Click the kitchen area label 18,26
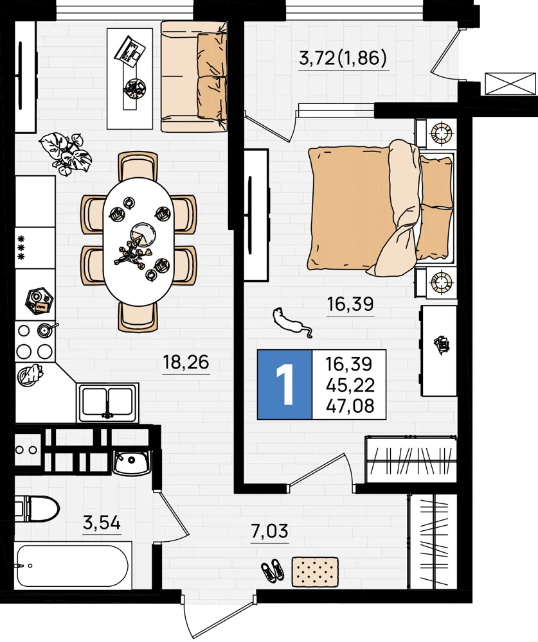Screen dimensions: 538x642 click(x=186, y=362)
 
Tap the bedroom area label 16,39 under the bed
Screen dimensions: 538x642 click(x=350, y=304)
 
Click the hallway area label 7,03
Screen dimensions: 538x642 click(x=269, y=532)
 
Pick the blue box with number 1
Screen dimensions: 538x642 click(x=285, y=385)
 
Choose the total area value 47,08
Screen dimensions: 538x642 click(x=350, y=406)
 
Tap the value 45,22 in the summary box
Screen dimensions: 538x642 click(x=350, y=385)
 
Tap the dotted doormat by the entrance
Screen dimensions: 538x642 click(x=315, y=571)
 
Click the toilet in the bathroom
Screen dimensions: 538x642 click(x=37, y=508)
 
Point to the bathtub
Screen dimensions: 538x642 click(x=73, y=566)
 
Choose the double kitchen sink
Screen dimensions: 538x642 click(x=107, y=403)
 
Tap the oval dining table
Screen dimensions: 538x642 click(x=139, y=241)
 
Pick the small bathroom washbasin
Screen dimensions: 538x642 click(x=132, y=462)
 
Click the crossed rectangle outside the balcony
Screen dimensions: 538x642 click(x=510, y=83)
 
